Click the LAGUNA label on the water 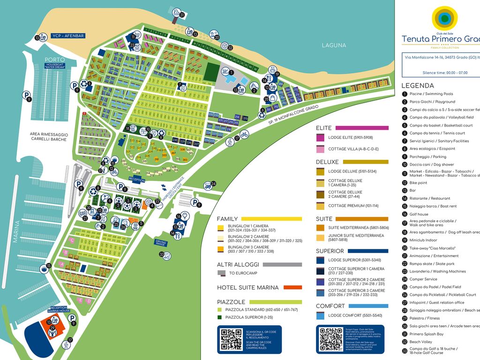(x=334, y=45)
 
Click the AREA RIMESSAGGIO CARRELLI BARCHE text (x=49, y=136)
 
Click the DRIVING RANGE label (x=161, y=242)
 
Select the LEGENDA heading (x=418, y=86)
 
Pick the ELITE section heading (x=324, y=128)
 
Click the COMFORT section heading (x=330, y=306)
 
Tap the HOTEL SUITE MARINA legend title (x=247, y=287)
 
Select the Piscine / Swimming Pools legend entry (x=431, y=94)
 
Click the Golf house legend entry (x=419, y=214)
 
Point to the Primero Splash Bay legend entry (x=426, y=334)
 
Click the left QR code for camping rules (x=231, y=339)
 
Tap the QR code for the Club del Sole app (x=330, y=339)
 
